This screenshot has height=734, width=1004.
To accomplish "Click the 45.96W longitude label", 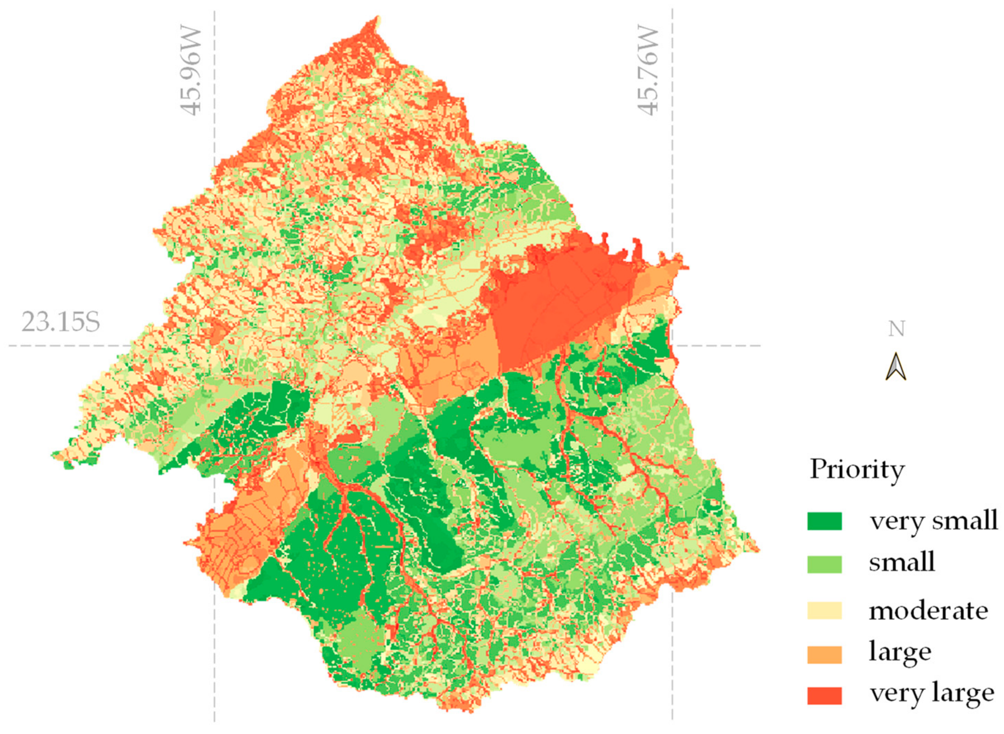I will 191,71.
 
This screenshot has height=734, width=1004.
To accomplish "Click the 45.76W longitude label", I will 648,71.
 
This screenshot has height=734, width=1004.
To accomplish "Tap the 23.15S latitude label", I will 61,322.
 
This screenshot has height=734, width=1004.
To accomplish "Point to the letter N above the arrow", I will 896,329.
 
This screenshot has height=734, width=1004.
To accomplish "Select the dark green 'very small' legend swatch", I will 824,521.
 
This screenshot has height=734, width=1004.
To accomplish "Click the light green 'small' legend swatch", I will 824,564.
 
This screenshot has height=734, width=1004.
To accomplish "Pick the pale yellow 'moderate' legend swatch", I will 824,611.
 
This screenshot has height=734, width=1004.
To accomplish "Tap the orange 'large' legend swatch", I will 824,655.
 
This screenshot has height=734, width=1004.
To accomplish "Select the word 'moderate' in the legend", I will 928,611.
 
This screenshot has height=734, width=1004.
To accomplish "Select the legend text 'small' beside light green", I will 901,563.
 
